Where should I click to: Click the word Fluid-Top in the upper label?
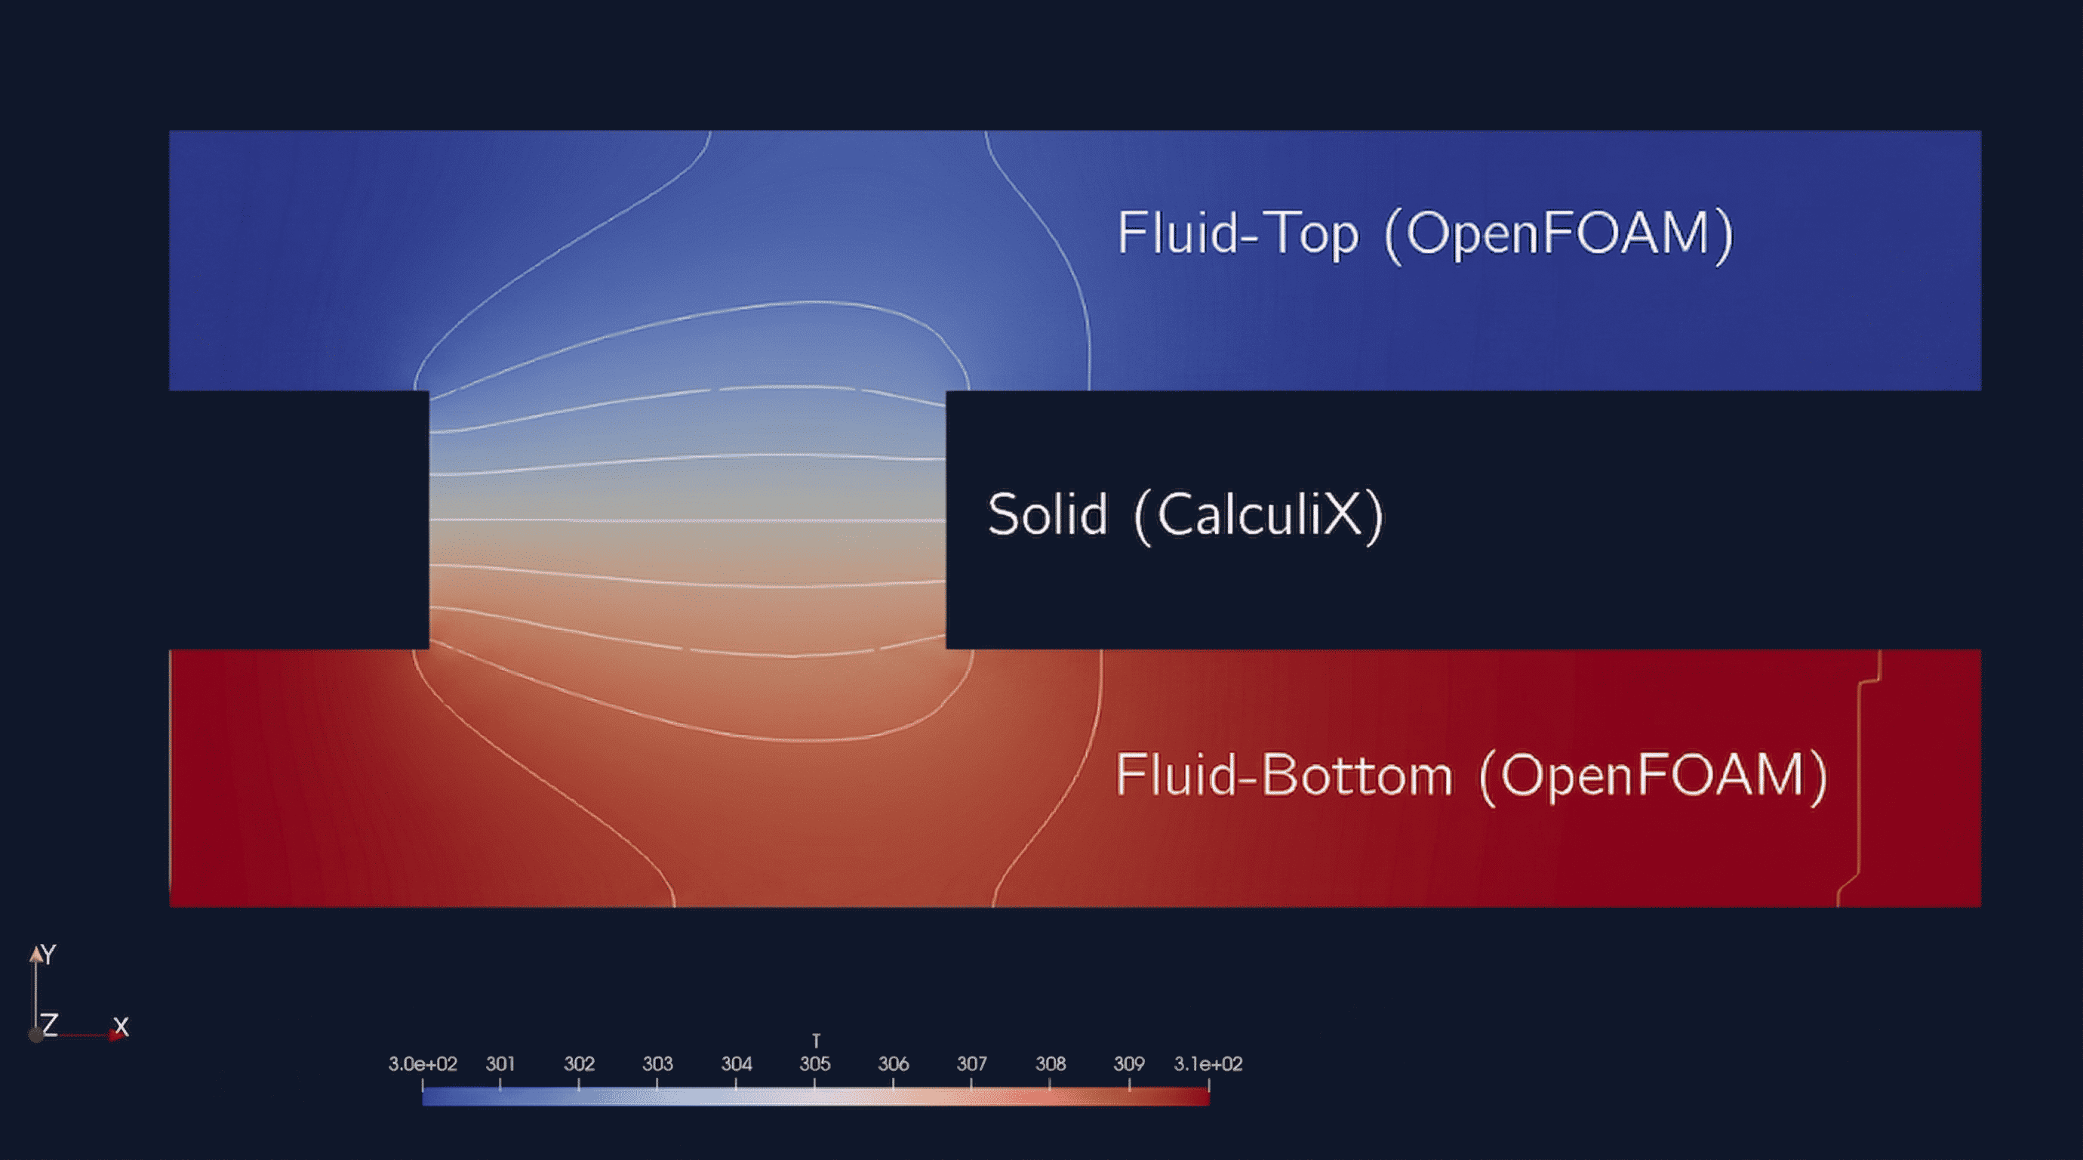[x=1237, y=234]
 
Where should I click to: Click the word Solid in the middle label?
[x=1048, y=515]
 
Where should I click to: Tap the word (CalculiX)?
[x=1258, y=515]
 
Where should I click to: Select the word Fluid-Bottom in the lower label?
[x=1283, y=776]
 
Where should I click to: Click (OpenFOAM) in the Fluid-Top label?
[x=1558, y=234]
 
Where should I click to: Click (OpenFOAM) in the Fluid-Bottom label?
[x=1653, y=776]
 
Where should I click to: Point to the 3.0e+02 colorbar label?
[x=422, y=1064]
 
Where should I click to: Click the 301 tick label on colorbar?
[x=500, y=1064]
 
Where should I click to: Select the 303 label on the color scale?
[x=657, y=1064]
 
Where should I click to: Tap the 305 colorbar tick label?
[x=814, y=1064]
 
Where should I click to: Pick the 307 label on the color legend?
[x=971, y=1064]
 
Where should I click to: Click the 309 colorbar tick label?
[x=1129, y=1064]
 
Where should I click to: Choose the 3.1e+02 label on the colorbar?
[x=1208, y=1064]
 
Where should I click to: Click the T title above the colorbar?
[x=816, y=1040]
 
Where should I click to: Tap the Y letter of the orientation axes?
[x=49, y=955]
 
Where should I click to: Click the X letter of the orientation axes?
[x=122, y=1026]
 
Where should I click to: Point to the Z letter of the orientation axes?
[x=50, y=1025]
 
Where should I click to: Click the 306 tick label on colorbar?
[x=893, y=1064]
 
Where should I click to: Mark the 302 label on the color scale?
[x=579, y=1064]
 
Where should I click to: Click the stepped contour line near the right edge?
[x=1860, y=776]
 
